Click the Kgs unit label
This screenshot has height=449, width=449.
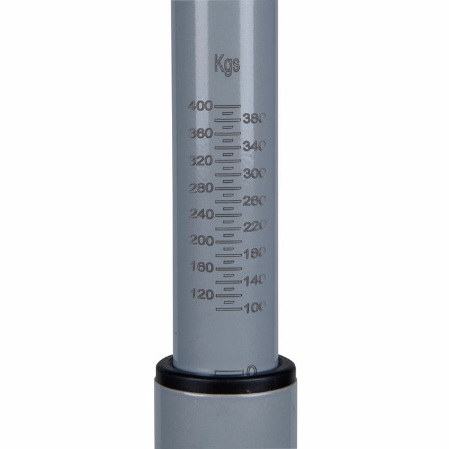coord(227,65)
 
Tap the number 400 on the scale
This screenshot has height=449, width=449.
coord(200,106)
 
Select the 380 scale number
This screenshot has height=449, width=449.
coord(255,118)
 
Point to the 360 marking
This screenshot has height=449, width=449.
coord(201,133)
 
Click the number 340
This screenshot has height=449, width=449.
coord(255,146)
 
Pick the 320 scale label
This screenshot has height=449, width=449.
coord(201,160)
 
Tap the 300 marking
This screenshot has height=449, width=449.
coord(255,174)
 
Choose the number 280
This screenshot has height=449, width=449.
coord(201,188)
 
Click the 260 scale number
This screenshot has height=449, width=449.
coord(255,201)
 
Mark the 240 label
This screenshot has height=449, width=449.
coord(201,214)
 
